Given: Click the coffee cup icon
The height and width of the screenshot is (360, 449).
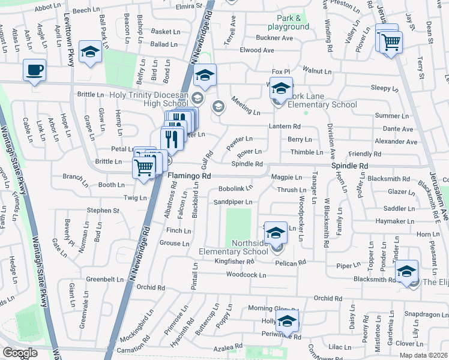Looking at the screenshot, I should tap(34, 70).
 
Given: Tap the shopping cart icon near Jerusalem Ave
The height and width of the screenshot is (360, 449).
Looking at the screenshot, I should tap(391, 42).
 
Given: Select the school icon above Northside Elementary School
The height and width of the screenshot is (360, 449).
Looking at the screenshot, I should tap(275, 232).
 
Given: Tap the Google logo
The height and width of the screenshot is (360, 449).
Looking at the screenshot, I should tap(20, 353).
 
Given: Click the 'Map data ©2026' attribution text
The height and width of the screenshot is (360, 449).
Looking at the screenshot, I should tap(423, 355).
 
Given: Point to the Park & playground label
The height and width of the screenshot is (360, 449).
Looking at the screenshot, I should tap(285, 22).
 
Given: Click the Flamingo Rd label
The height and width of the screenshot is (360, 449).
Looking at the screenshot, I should tap(189, 176).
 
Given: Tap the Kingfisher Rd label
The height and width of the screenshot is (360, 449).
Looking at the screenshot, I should tap(235, 262).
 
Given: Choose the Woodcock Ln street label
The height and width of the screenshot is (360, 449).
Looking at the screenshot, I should tap(246, 275).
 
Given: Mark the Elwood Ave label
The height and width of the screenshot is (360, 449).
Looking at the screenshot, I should tap(258, 50).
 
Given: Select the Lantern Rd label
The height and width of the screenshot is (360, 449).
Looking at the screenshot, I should tap(285, 126).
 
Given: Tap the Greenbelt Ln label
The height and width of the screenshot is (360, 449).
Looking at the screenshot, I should tap(104, 279).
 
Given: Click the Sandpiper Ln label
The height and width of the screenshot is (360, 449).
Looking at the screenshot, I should tap(233, 202).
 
